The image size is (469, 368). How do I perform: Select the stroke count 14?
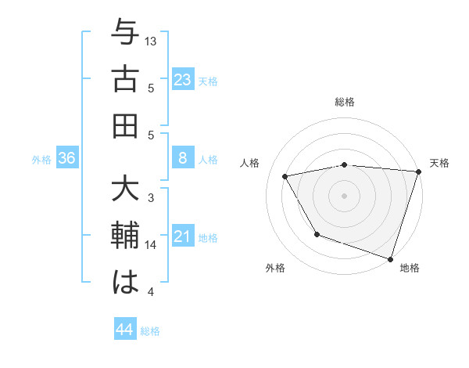pos(151,245)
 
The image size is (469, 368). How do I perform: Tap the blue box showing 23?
pos(183,80)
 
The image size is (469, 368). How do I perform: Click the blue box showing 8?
pos(183,159)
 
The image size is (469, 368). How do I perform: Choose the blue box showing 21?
pos(183,237)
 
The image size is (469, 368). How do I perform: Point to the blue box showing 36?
pos(67,159)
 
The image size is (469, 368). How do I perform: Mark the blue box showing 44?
pos(125,330)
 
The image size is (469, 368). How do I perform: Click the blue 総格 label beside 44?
pos(150,331)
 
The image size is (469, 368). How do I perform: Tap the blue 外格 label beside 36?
pos(41,160)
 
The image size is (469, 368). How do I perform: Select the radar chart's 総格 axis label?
pos(345,103)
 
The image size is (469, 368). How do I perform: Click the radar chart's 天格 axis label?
pos(439,163)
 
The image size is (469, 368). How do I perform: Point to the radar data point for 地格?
pos(389,258)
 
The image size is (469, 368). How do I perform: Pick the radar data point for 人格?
pos(285,176)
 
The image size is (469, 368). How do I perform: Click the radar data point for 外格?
pos(317,233)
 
